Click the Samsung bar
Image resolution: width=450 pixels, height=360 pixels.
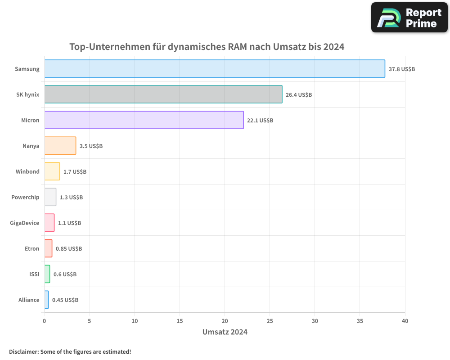tap(215, 69)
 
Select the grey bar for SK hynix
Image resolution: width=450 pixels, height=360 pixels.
tap(163, 94)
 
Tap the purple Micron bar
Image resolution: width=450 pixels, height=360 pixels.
tap(144, 120)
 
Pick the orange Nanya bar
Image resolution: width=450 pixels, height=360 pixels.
tap(60, 146)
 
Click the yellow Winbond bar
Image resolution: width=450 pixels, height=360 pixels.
tap(52, 171)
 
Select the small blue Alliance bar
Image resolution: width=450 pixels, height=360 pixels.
tap(46, 300)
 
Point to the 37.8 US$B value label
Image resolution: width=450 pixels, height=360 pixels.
tap(402, 69)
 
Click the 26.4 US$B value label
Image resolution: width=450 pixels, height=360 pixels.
tap(299, 95)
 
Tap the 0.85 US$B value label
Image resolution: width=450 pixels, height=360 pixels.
tap(69, 248)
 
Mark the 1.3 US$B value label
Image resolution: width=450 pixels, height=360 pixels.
tap(71, 197)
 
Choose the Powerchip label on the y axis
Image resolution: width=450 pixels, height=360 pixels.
tap(25, 197)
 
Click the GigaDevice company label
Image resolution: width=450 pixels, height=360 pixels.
tap(25, 223)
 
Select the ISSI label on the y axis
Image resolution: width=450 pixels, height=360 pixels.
tap(34, 274)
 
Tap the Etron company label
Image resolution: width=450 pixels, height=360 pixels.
tap(32, 248)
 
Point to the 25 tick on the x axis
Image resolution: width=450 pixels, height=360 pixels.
tap(270, 321)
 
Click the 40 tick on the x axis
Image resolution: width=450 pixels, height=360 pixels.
tap(405, 321)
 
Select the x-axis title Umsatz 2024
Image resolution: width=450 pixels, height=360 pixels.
tap(225, 332)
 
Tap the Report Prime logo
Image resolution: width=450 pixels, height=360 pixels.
tap(409, 18)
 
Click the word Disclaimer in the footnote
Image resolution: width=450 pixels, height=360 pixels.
tap(23, 351)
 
